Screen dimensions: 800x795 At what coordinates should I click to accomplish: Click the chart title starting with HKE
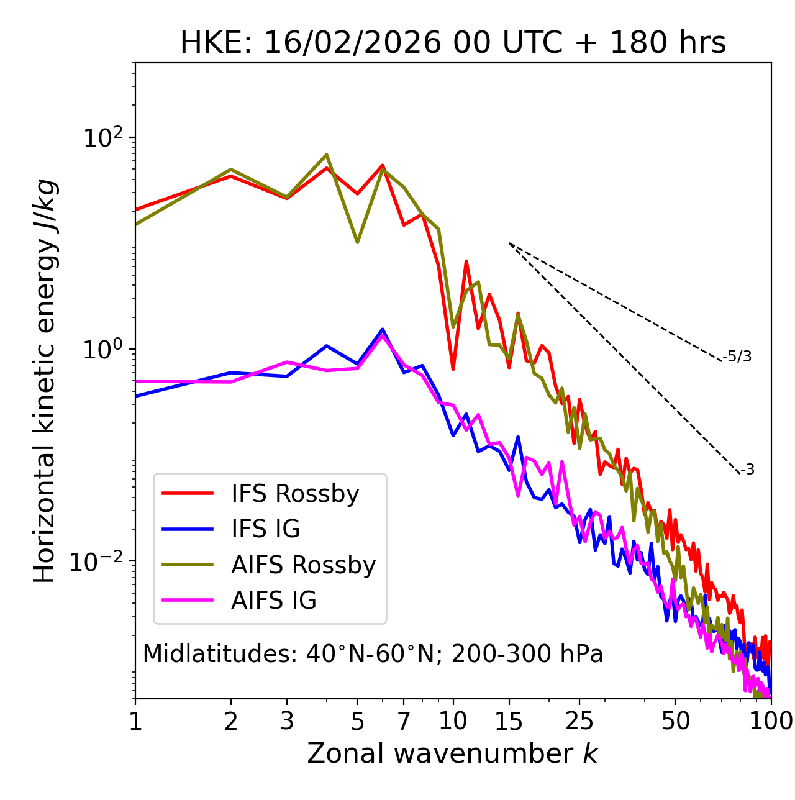[453, 43]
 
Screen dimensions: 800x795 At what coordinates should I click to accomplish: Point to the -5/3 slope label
[737, 357]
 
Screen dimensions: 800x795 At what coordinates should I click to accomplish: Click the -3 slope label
[747, 470]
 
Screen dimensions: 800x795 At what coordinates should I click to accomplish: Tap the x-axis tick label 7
[404, 721]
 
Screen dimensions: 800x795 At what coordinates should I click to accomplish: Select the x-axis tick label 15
[509, 721]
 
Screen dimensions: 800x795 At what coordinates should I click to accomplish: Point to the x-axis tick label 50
[675, 721]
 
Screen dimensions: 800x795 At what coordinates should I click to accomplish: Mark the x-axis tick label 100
[771, 721]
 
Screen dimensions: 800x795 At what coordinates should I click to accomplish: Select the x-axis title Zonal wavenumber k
[452, 753]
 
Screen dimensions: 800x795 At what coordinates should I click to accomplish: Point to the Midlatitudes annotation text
[373, 654]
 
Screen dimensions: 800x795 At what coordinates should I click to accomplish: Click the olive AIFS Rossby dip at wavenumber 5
[357, 242]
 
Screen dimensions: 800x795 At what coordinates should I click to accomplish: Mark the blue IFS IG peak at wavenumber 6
[383, 330]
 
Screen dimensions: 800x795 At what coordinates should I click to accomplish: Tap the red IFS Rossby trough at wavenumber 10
[453, 369]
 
